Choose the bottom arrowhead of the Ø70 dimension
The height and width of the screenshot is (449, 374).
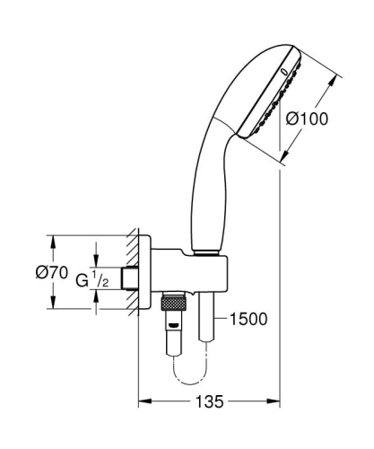click(x=51, y=306)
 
